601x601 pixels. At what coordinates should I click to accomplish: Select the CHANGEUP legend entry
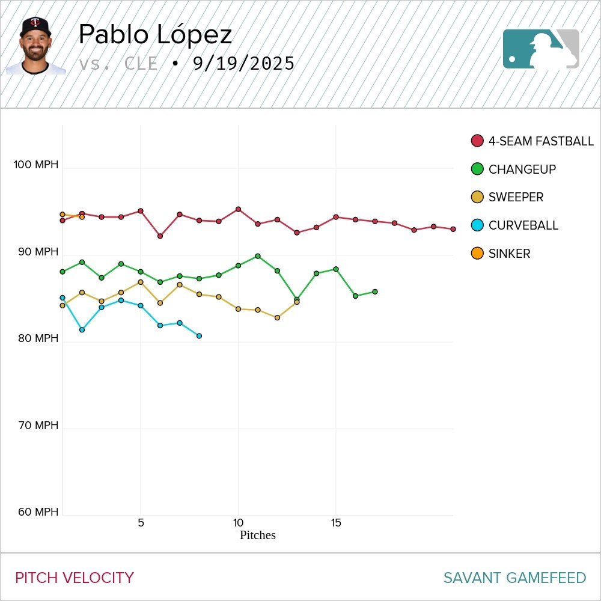tap(522, 169)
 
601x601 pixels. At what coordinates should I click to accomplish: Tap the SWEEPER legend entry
tap(516, 197)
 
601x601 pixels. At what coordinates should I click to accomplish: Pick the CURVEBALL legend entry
tap(523, 225)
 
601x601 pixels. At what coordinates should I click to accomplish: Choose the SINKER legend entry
tap(509, 254)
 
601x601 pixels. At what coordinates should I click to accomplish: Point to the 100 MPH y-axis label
tap(37, 165)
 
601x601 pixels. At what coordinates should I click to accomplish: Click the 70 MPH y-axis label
tap(38, 426)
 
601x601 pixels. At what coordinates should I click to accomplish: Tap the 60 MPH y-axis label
tap(38, 512)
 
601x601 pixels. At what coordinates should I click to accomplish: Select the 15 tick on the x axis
tap(336, 523)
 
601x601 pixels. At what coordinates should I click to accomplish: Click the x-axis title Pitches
tap(258, 535)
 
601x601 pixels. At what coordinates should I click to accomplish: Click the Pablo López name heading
tap(155, 35)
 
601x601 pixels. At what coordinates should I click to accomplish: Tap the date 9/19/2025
tap(243, 64)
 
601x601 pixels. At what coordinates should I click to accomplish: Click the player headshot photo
tap(35, 46)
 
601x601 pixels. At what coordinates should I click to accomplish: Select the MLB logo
tap(541, 49)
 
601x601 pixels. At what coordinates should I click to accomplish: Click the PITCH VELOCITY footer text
tap(75, 578)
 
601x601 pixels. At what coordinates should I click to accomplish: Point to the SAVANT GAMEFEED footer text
tap(514, 578)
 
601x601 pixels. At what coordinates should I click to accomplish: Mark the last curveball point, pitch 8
tap(199, 336)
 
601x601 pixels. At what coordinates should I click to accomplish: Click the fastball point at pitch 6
tap(160, 236)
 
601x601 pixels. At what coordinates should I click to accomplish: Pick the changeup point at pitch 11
tap(258, 256)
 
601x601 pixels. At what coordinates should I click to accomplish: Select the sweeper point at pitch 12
tap(277, 318)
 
